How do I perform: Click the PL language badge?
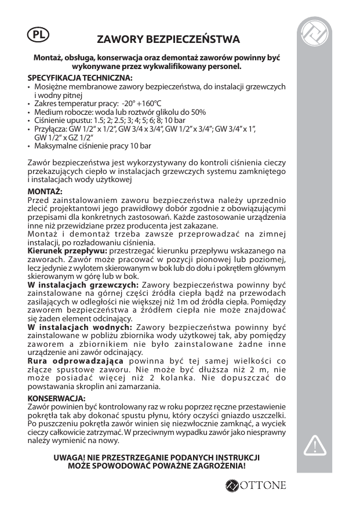tap(38, 34)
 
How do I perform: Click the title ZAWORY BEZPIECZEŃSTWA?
tap(168, 40)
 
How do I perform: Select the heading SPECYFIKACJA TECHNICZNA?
tap(80, 78)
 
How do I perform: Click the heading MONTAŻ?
tap(45, 191)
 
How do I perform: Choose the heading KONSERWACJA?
tap(57, 398)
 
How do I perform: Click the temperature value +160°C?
tap(134, 103)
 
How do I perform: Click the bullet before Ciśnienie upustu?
tap(30, 119)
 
